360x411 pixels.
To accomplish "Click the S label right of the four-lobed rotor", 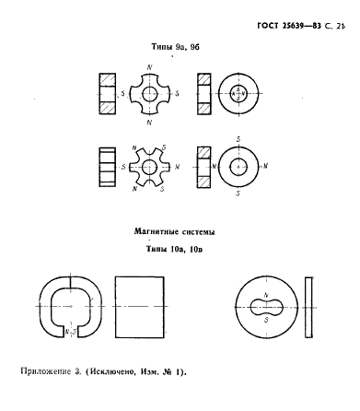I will [178, 93].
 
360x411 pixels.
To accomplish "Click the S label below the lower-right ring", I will [238, 195].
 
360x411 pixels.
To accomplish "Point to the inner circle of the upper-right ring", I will [238, 93].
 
